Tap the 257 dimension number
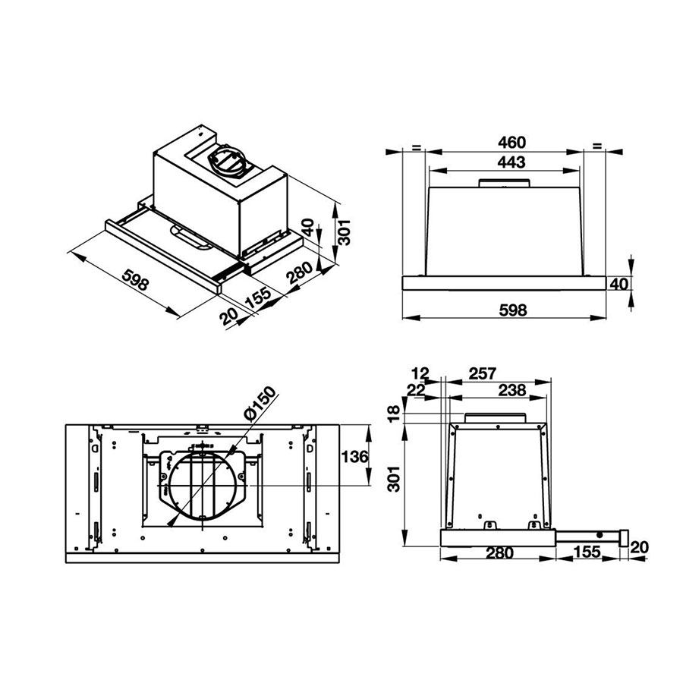(483, 373)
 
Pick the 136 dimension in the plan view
(353, 457)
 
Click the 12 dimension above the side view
(420, 373)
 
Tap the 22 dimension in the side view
(416, 389)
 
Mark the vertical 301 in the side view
(393, 478)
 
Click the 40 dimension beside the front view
(619, 285)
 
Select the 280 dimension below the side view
(499, 553)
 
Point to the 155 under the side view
(589, 553)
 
